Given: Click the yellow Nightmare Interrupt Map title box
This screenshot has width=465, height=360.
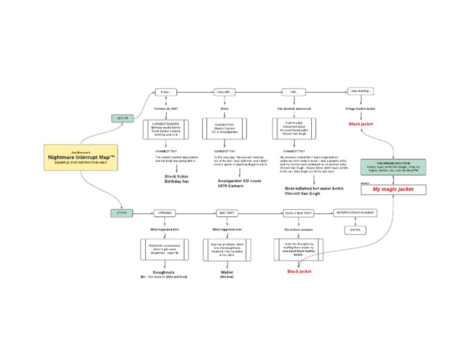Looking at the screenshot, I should tap(81, 157).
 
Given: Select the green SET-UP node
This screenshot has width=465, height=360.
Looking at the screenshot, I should tap(122, 118).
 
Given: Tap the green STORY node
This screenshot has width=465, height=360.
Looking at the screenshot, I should tap(122, 213).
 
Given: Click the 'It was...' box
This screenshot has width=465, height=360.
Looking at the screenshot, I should tap(166, 92).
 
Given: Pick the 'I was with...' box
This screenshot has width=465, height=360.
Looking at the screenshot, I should tap(225, 92).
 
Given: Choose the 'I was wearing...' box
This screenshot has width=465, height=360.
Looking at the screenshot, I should tap(360, 92).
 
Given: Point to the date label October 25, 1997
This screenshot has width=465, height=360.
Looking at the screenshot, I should tap(166, 108).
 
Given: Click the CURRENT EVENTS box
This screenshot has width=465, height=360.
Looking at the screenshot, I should tap(166, 129).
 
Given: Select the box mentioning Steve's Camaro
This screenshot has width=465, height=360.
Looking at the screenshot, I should tap(225, 129).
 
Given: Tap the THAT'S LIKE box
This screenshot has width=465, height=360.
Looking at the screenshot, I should tap(294, 129).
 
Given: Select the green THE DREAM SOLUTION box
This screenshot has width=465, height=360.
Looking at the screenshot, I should tap(394, 167).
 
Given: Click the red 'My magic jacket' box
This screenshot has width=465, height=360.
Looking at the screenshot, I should tap(394, 190).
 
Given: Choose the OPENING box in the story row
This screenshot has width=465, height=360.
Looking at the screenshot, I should tap(166, 213).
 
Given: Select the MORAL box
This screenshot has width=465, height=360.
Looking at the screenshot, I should tap(355, 230).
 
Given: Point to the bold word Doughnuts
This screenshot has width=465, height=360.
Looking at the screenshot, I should tap(164, 272).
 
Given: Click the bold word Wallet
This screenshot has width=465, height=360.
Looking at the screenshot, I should tap(227, 272).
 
